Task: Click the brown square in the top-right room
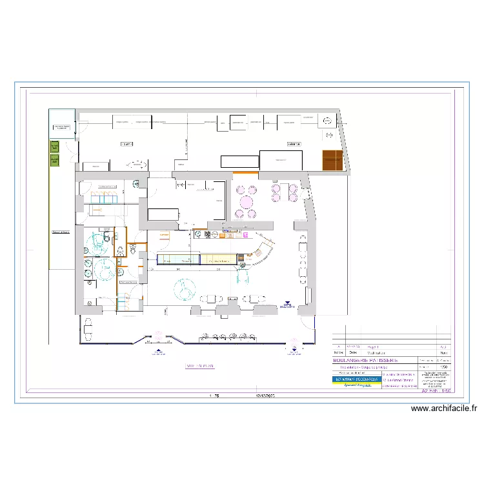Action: pos(332,160)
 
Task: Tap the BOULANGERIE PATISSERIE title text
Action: pos(365,360)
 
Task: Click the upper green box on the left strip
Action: pos(54,147)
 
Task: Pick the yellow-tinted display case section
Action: pos(218,259)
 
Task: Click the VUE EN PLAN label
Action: pos(199,366)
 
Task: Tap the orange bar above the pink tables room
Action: pos(245,173)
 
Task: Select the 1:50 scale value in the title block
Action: pos(443,366)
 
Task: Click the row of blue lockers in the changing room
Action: pos(101,198)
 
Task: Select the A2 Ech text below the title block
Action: pos(436,391)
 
